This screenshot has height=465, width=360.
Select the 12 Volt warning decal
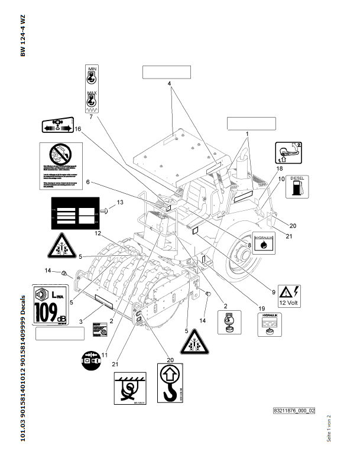[x=290, y=295]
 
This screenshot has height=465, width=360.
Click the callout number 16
[x=77, y=129]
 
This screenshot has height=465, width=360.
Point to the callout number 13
[x=119, y=203]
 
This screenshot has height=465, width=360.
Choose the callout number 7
[x=91, y=117]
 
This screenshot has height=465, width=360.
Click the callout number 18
[x=280, y=168]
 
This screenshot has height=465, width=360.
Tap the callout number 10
[x=281, y=178]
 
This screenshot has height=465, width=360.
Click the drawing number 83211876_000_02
[x=294, y=410]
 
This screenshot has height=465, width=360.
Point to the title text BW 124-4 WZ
[x=23, y=37]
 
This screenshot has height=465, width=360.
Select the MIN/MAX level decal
[x=92, y=89]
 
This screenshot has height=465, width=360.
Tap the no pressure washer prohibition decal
[x=61, y=166]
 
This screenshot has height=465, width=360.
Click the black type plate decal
[x=74, y=214]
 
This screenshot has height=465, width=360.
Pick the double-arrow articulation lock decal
[x=57, y=127]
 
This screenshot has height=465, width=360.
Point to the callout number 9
[x=274, y=274]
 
